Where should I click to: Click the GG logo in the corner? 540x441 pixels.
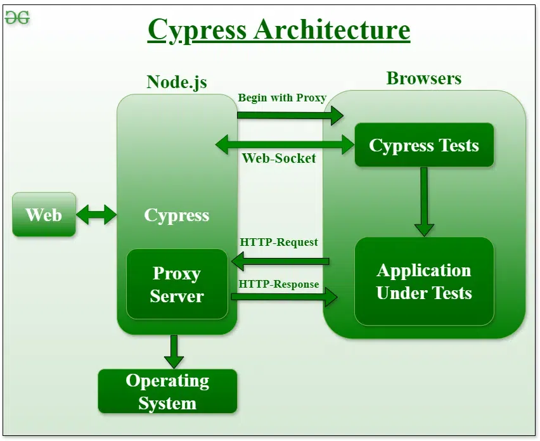coord(17,18)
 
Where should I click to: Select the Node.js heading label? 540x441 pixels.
coord(176,82)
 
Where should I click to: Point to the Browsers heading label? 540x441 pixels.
coord(423,79)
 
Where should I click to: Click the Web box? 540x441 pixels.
coord(44,215)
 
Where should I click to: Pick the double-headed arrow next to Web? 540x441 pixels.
coord(96,215)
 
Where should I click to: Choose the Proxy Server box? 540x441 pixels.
coord(177,284)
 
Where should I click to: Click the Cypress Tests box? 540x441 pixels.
coord(423,145)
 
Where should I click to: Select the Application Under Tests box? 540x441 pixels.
coord(423,281)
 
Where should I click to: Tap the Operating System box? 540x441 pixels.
coord(167,392)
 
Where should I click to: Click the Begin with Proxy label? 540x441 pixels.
coord(282,98)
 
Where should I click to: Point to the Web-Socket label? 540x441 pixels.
coord(279,158)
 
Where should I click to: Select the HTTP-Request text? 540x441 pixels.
coord(279,242)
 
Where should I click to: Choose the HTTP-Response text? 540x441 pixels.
coord(279,284)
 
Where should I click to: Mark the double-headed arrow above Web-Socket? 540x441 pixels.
coord(285,144)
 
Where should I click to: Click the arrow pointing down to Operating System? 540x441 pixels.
coord(173,351)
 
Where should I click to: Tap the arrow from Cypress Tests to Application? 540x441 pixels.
coord(423,201)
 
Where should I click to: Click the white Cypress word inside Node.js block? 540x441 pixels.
coord(177,215)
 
